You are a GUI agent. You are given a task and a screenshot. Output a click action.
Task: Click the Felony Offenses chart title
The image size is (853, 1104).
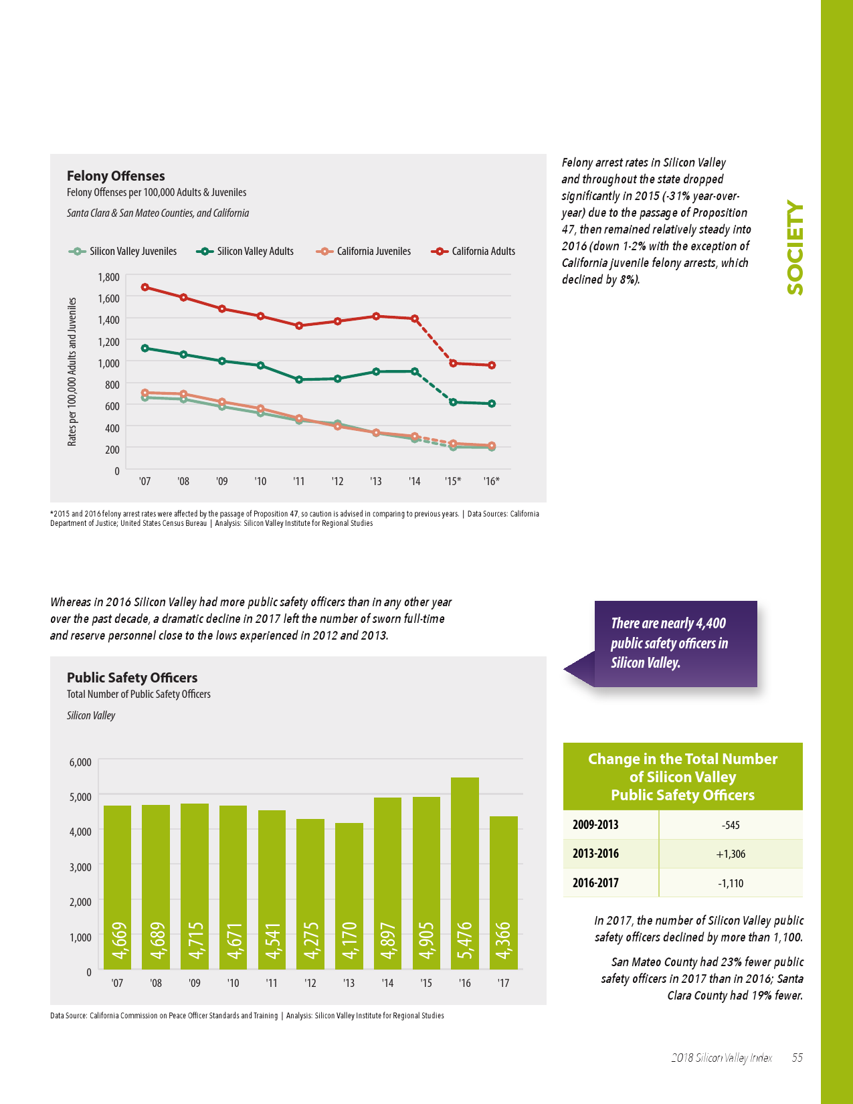[116, 176]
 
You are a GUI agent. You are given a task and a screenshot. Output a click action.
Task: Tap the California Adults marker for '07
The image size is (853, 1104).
[145, 287]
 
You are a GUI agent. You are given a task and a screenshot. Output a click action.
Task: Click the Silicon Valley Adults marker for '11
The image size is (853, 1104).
[299, 379]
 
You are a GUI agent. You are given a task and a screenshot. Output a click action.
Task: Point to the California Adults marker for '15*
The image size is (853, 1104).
[453, 363]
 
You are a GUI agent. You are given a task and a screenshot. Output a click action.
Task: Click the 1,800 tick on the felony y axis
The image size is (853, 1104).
[108, 277]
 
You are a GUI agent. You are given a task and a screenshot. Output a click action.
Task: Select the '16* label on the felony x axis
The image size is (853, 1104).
[492, 481]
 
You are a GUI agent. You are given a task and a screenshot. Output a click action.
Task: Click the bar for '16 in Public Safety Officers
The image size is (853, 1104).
[465, 873]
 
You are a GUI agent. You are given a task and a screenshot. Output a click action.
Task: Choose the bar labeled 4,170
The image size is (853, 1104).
[349, 896]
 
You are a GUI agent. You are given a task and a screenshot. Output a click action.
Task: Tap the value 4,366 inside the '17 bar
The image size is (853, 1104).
[503, 940]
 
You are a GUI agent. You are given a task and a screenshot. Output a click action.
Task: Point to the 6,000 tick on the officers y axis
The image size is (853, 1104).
[80, 762]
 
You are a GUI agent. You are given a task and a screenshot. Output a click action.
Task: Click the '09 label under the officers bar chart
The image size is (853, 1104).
[195, 984]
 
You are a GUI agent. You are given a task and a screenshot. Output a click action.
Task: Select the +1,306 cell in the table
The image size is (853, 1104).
[731, 854]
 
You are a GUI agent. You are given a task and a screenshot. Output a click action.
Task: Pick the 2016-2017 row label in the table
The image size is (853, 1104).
[595, 883]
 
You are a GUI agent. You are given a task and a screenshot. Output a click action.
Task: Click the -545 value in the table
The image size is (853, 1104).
[731, 825]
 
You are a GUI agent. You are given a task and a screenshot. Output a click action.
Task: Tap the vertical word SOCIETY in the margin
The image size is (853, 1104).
[795, 248]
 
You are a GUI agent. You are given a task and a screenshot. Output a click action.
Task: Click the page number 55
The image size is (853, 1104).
[797, 1058]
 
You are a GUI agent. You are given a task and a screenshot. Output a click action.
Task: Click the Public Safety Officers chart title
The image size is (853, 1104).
[132, 678]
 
